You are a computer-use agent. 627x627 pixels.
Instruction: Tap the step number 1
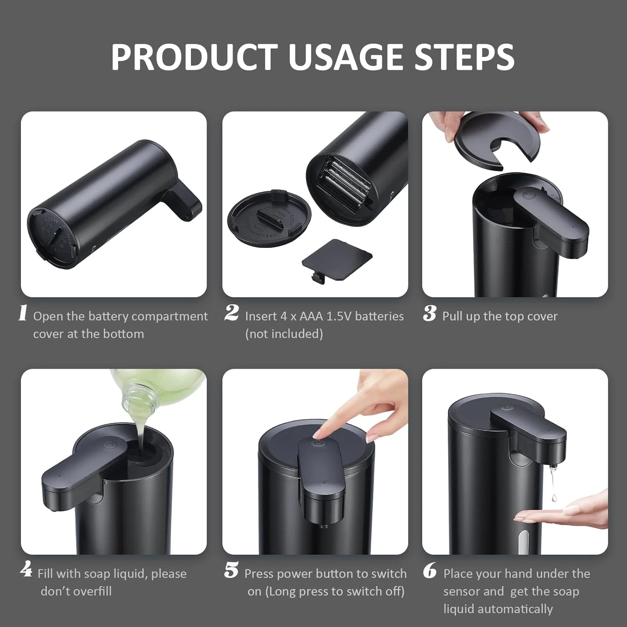coord(23,313)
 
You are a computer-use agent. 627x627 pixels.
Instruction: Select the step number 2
coord(232,313)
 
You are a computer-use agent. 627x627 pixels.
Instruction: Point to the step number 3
coord(429,313)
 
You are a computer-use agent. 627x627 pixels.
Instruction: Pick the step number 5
coord(231,571)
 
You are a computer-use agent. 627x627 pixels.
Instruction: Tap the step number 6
coord(430,571)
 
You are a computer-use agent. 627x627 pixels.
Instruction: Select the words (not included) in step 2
coord(284,334)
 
